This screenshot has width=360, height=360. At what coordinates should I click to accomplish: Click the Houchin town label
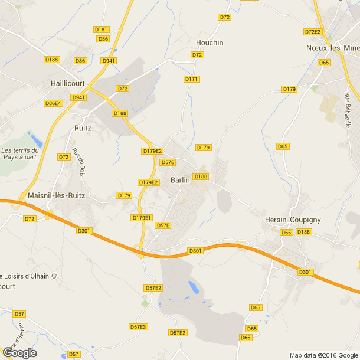(210, 42)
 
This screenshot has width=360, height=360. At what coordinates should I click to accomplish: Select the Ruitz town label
(83, 127)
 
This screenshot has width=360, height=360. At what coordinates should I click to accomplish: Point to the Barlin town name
(180, 180)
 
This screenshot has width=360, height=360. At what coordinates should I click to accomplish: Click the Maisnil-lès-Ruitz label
(56, 195)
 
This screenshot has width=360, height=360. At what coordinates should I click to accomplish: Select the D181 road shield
(101, 30)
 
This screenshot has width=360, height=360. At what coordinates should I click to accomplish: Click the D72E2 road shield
(312, 32)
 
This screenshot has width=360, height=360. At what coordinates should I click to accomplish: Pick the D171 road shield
(191, 78)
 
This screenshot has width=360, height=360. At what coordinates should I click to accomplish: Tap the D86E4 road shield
(53, 103)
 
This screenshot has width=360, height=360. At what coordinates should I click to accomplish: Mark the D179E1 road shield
(142, 218)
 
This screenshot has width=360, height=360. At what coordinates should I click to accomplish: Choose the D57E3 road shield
(138, 326)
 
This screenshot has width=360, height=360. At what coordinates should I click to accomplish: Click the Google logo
(19, 353)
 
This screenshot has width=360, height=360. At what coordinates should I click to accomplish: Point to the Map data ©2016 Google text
(323, 355)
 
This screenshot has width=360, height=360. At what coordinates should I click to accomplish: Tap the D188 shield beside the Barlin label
(201, 176)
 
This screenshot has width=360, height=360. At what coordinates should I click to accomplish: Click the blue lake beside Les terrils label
(37, 141)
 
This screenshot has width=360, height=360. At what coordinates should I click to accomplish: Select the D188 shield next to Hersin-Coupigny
(303, 232)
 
